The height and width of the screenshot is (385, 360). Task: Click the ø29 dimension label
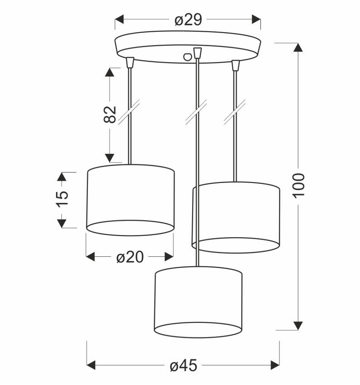pyautogui.click(x=188, y=19)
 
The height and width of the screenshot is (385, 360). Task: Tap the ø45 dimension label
pyautogui.click(x=183, y=366)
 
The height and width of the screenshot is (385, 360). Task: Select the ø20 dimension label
pyautogui.click(x=130, y=257)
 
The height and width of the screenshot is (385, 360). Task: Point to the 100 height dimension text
pyautogui.click(x=299, y=185)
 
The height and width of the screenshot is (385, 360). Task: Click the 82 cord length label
pyautogui.click(x=110, y=115)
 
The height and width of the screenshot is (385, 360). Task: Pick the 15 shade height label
pyautogui.click(x=62, y=199)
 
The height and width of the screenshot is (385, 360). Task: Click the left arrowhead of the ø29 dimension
pyautogui.click(x=119, y=19)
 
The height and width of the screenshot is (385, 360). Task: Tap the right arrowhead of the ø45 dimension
pyautogui.click(x=275, y=365)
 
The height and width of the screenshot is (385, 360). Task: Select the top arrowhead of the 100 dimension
pyautogui.click(x=298, y=48)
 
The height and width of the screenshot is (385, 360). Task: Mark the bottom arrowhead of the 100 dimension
pyautogui.click(x=298, y=326)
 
